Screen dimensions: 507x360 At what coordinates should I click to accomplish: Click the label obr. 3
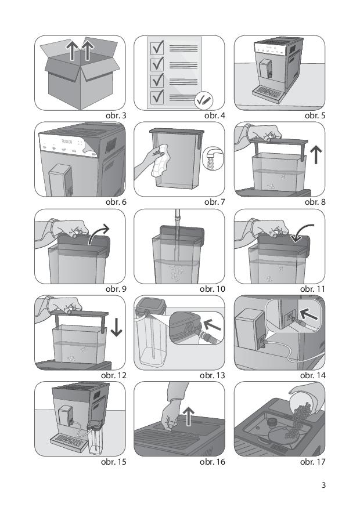115,115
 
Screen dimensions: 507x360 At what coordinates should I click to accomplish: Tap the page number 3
323,486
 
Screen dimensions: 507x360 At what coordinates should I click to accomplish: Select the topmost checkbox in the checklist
156,47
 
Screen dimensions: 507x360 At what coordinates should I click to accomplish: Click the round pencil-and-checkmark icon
203,100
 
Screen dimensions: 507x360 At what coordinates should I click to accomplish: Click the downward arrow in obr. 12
116,327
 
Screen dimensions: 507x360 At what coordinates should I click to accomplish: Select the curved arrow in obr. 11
304,236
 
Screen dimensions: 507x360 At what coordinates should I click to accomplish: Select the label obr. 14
312,375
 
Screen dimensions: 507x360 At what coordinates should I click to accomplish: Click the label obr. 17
312,462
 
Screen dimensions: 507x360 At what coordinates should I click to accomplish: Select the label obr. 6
115,202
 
